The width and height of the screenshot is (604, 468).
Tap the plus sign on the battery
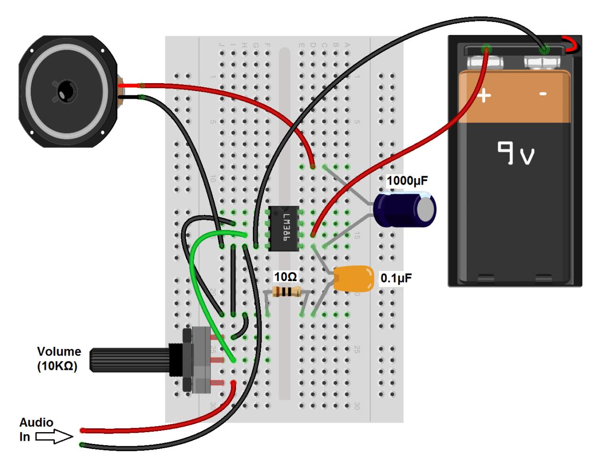(x=484, y=96)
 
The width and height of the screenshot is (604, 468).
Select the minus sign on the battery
(x=543, y=94)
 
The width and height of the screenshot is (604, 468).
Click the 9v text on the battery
(x=516, y=153)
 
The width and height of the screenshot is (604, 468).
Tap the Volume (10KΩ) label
(x=59, y=359)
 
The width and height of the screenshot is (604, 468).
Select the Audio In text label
(x=36, y=429)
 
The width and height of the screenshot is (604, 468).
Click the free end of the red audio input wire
(x=83, y=430)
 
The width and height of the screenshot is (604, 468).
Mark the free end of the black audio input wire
(x=83, y=445)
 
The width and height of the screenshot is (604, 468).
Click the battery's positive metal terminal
(x=484, y=62)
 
